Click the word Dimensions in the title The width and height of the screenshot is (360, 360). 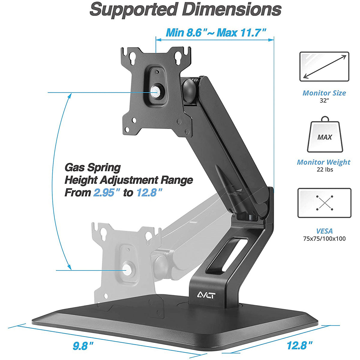click(x=232, y=10)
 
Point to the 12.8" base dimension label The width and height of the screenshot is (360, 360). click(x=299, y=345)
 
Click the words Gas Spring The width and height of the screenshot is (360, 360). click(x=93, y=167)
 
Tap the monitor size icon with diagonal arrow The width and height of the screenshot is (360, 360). click(x=324, y=67)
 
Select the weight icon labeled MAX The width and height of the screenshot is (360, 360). click(x=324, y=135)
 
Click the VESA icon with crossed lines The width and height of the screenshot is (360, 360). click(x=324, y=203)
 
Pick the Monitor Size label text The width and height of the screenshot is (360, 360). click(x=324, y=93)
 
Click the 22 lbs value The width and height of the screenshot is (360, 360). click(x=324, y=170)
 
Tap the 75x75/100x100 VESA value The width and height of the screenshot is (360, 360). click(x=324, y=239)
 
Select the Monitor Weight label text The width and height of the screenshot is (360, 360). click(x=324, y=162)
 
